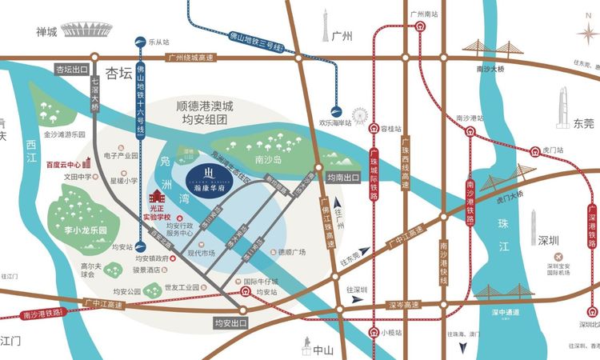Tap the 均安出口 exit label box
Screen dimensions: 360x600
tap(233, 323)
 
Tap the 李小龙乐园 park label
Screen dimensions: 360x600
tap(79, 228)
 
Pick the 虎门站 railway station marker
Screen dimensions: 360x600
tap(534, 150)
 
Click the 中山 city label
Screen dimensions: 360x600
tap(322, 349)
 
